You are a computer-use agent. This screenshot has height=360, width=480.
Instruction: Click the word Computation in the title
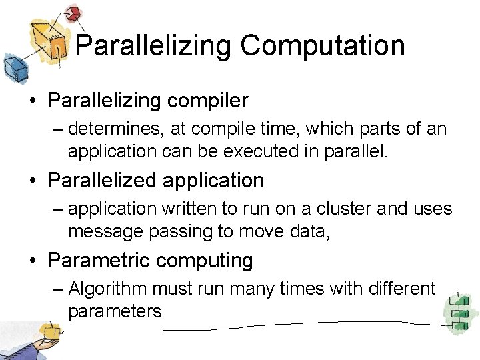(323, 46)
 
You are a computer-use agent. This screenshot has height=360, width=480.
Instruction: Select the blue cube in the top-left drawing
(13, 67)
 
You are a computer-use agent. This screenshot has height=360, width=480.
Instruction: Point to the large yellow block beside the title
(51, 39)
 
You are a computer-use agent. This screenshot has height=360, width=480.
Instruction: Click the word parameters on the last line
(115, 311)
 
